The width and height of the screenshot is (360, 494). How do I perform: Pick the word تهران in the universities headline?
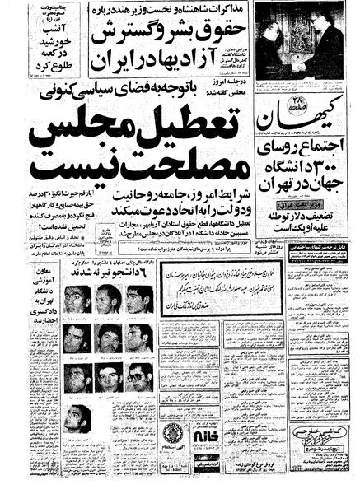[276, 196]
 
